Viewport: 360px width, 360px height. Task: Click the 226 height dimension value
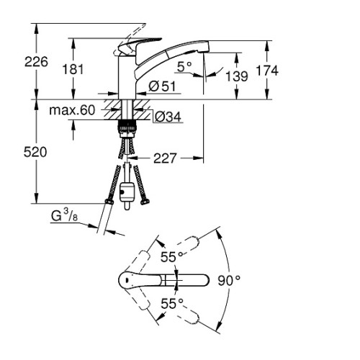pos(36,62)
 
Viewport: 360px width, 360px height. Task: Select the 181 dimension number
pos(73,69)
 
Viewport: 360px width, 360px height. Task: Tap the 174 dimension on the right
pos(267,71)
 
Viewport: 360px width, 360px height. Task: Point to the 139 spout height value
pos(237,76)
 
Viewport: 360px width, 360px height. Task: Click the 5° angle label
pos(184,67)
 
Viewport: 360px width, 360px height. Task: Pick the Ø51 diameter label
pos(162,86)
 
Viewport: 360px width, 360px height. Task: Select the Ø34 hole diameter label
pos(168,117)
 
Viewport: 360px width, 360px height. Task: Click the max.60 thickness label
pos(72,110)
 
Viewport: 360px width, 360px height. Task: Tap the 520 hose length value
pos(35,152)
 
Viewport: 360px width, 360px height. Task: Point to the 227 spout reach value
pos(165,158)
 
